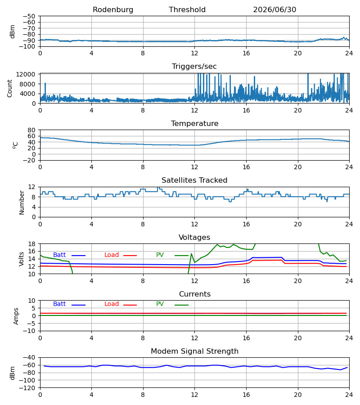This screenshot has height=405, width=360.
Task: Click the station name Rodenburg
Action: (x=113, y=10)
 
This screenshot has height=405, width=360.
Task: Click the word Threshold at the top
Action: (x=187, y=10)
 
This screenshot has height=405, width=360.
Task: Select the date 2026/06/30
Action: (x=274, y=10)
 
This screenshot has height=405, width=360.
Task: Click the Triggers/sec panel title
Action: (x=194, y=67)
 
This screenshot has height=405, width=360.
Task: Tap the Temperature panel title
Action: (x=194, y=123)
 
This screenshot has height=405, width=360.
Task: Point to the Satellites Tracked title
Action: (x=194, y=180)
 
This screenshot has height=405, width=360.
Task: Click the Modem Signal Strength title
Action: (x=194, y=351)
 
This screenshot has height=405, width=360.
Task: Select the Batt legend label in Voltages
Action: (x=59, y=255)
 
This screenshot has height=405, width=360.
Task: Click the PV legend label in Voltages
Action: (x=160, y=255)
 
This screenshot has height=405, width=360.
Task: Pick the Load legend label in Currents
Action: (x=112, y=304)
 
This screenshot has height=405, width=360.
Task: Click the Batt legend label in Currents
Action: (x=59, y=304)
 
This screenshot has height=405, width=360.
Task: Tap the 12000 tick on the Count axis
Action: (x=26, y=74)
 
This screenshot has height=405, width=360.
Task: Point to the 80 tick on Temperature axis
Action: (x=31, y=130)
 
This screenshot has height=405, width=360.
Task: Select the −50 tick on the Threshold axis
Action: (x=29, y=16)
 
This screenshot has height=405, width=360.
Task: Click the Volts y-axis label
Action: (x=21, y=259)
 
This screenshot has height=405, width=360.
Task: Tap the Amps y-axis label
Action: (x=16, y=316)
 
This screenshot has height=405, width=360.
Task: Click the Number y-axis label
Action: (x=22, y=202)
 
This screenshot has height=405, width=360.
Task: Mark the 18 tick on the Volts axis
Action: (x=32, y=244)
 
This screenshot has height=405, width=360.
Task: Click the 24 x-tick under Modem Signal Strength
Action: (x=349, y=395)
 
